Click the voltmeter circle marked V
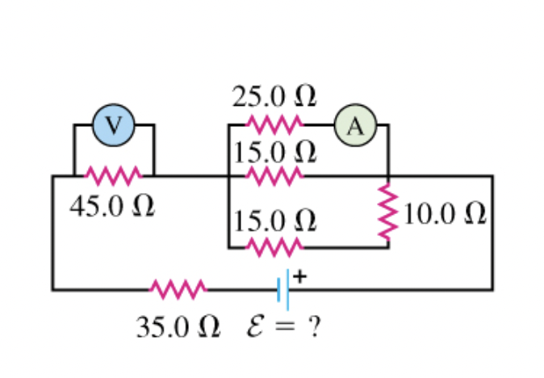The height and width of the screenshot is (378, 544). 114,125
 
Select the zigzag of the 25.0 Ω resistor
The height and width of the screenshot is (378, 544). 274,125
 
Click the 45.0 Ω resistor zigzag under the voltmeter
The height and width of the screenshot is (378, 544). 113,175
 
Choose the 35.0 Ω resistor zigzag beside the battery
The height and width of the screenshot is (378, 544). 178,288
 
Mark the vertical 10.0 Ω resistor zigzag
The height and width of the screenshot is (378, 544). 389,212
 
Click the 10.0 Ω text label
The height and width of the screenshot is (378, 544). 445,213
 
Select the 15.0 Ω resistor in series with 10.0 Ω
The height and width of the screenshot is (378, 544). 274,246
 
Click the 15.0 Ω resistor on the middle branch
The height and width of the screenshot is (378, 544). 274,175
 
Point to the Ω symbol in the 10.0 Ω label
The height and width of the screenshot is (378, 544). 475,213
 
